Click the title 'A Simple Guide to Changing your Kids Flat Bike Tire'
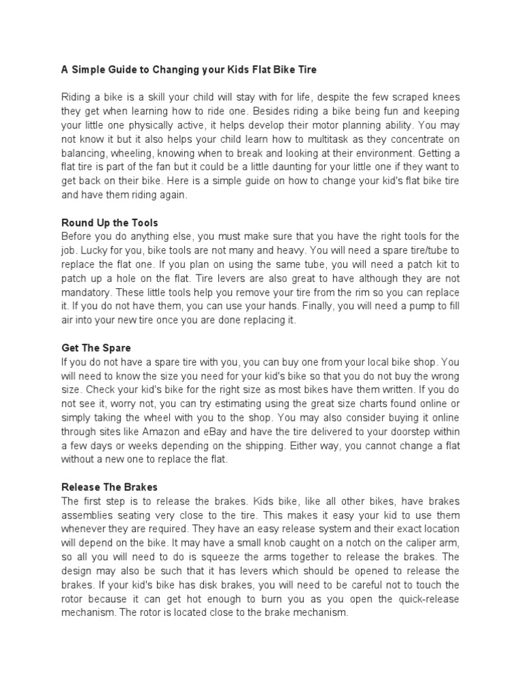(189, 69)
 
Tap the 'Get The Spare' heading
(95, 347)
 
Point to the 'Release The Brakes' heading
(109, 487)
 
